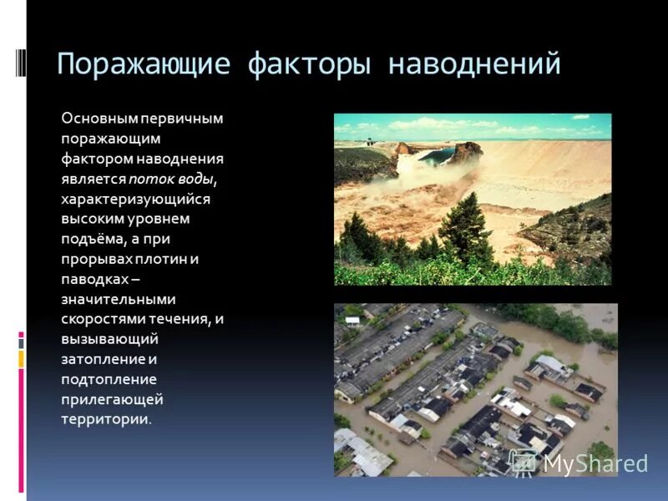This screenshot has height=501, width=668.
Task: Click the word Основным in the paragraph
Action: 99,119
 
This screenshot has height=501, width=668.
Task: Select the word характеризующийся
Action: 135,199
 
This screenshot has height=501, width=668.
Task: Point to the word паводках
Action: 92,279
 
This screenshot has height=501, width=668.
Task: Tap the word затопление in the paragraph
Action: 103,359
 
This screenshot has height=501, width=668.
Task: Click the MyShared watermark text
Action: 595,463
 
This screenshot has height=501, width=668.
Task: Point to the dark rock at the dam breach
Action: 465,153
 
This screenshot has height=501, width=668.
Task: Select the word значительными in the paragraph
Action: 118,299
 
